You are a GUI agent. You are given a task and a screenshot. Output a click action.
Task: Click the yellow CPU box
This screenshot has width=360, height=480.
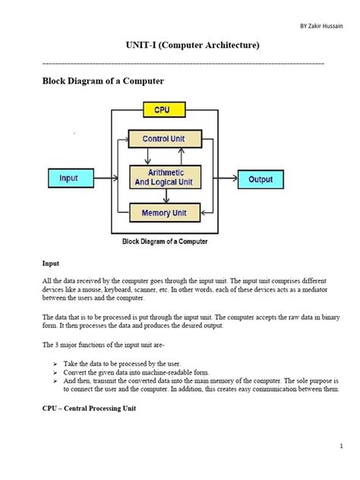click(164, 111)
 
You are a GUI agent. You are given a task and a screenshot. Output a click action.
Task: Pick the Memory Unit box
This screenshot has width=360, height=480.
click(164, 213)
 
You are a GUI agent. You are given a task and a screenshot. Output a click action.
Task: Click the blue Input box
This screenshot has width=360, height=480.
click(69, 178)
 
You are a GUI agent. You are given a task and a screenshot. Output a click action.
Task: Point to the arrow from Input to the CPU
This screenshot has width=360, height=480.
click(101, 178)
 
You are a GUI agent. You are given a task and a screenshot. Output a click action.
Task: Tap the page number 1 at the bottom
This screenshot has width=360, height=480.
click(343, 447)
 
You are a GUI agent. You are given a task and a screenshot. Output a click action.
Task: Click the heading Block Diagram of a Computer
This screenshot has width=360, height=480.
click(103, 81)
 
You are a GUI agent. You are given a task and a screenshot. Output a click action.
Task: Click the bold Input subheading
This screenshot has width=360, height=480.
click(51, 264)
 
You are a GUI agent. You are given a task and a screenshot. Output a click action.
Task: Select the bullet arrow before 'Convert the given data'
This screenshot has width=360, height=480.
click(55, 373)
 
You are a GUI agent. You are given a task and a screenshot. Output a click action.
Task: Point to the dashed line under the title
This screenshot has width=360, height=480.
click(182, 63)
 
